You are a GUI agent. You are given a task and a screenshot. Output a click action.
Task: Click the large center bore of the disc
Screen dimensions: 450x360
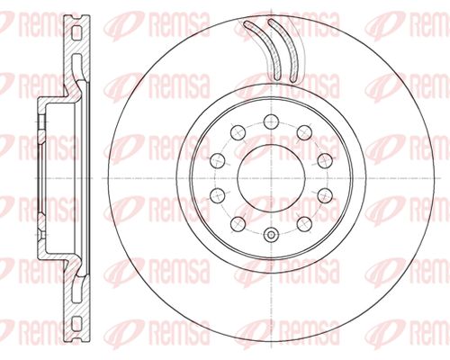point(271,178)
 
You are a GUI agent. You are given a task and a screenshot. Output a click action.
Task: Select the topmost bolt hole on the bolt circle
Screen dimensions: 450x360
point(271,121)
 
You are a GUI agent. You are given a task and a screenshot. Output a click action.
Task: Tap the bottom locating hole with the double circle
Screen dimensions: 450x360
point(271,235)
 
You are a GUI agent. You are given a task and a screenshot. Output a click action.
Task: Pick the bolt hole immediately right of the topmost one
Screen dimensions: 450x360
point(304,132)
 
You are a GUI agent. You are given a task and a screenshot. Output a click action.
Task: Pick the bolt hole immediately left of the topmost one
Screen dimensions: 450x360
point(238,132)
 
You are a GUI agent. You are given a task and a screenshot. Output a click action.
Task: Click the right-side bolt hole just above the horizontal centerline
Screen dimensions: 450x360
point(325,161)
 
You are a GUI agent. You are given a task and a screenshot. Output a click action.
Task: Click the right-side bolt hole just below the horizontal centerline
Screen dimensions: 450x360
point(325,196)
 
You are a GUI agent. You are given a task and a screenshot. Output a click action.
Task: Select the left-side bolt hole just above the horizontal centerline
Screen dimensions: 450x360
point(218,161)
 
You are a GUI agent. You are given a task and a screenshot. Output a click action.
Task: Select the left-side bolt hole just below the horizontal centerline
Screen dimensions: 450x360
point(218,196)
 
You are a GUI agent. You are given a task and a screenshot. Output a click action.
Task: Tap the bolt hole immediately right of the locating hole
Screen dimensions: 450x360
point(304,224)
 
